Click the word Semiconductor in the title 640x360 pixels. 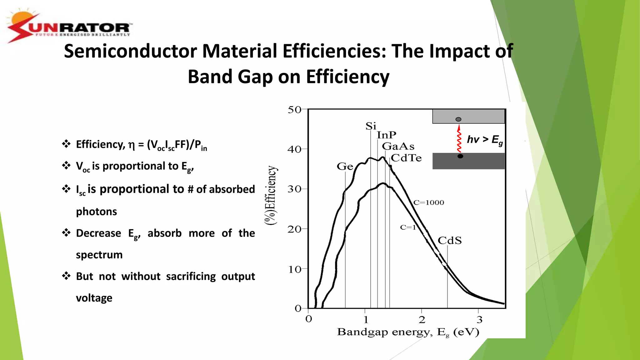point(130,51)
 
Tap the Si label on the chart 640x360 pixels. point(371,126)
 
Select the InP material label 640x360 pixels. point(386,135)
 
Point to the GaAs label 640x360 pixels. point(398,146)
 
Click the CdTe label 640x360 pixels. point(406,158)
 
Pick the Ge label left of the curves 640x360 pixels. point(345,167)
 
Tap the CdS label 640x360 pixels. point(449,240)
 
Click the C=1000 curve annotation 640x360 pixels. point(428,202)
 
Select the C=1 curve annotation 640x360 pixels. point(408,227)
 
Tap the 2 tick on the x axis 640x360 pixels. point(422,320)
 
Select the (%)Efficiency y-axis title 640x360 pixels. point(271,195)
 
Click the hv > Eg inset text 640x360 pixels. point(484,140)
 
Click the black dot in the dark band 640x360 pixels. point(460,156)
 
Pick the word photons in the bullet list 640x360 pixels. point(96,212)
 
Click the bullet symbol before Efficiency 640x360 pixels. point(66,144)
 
